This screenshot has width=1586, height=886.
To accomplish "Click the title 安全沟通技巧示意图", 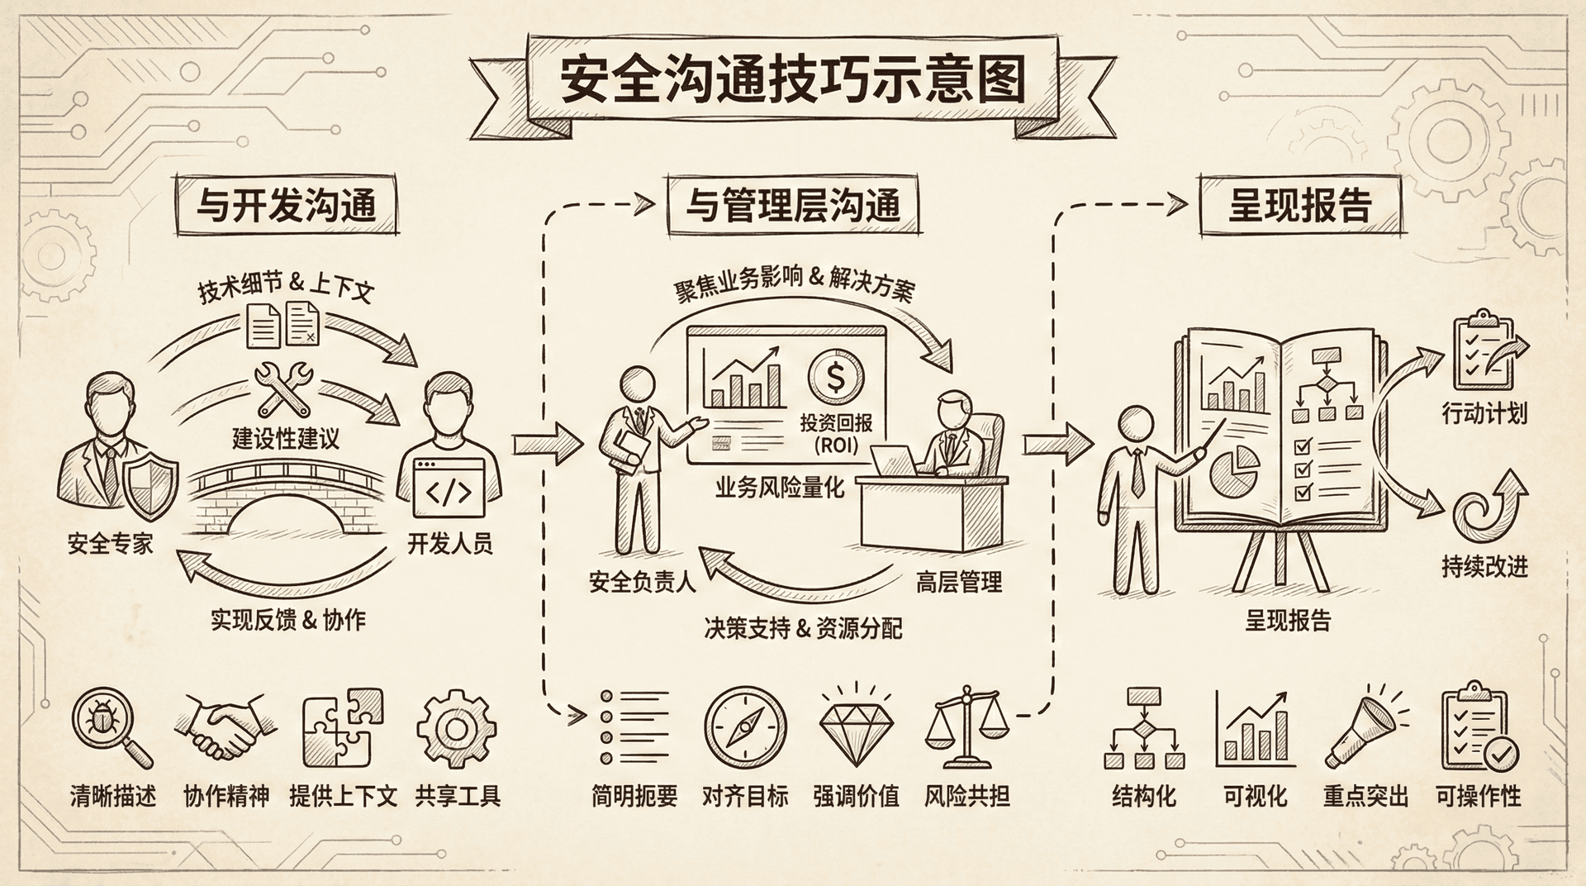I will click(x=792, y=80).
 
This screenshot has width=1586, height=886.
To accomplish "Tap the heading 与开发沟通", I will click(x=286, y=205).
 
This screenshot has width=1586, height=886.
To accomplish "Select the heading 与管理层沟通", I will click(x=793, y=205).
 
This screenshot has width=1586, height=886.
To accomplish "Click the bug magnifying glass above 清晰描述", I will click(x=110, y=728).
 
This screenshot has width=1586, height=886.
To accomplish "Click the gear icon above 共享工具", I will click(x=456, y=728).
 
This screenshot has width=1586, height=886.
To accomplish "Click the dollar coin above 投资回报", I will click(x=835, y=379).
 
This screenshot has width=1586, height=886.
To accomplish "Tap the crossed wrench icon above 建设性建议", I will click(x=284, y=389).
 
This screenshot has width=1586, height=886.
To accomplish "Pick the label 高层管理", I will click(x=958, y=583).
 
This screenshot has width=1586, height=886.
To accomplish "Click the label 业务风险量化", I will click(x=779, y=488).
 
